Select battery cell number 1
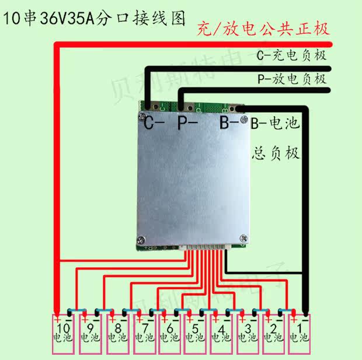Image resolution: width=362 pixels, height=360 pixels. coord(300,335)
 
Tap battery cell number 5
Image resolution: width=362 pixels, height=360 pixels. coord(194,335)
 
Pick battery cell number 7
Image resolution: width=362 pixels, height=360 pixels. coord(142,335)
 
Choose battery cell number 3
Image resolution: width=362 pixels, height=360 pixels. coord(247,335)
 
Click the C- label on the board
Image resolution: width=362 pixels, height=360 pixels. coord(154,123)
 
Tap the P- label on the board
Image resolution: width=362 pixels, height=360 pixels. coord(187,123)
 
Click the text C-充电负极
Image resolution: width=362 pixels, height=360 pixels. coord(291,56)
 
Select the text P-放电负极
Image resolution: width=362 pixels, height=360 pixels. coord(291,79)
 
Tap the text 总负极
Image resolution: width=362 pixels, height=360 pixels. coord(276,154)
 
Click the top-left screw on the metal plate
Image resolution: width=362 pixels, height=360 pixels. coord(142,116)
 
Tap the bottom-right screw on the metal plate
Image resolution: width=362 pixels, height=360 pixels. coord(240,237)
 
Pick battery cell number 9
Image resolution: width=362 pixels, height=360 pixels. coord(90,335)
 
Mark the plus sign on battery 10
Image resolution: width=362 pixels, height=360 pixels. coord(57,320)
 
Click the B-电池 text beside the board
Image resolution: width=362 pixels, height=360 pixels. coord(274,124)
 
